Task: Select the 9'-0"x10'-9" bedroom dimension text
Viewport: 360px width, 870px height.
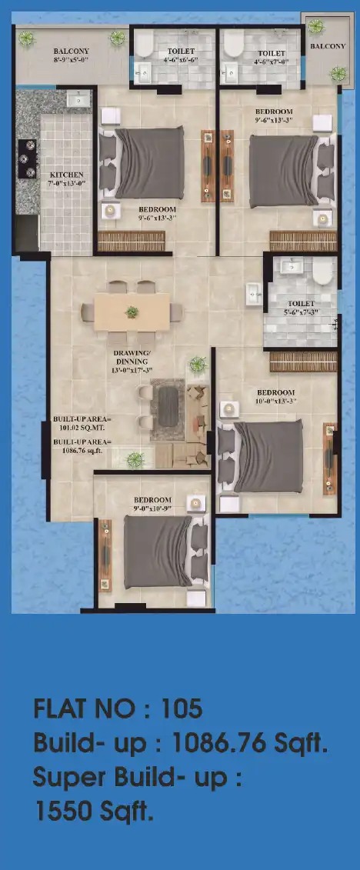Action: point(152,508)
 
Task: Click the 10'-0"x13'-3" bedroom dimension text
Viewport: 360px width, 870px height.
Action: point(275,401)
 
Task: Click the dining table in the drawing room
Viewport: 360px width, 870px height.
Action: point(132,312)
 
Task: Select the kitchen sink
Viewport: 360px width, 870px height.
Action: point(78,99)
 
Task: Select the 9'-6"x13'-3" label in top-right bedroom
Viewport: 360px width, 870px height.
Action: point(274,120)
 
